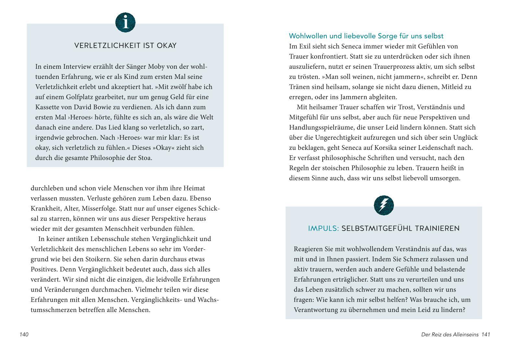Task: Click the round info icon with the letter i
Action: [125, 23]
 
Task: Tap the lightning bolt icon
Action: [384, 205]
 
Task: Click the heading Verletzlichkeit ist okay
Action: [125, 45]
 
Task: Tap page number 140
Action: [24, 334]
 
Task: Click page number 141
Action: [486, 334]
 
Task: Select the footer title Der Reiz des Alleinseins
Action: [450, 334]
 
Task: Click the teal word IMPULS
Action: [323, 229]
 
